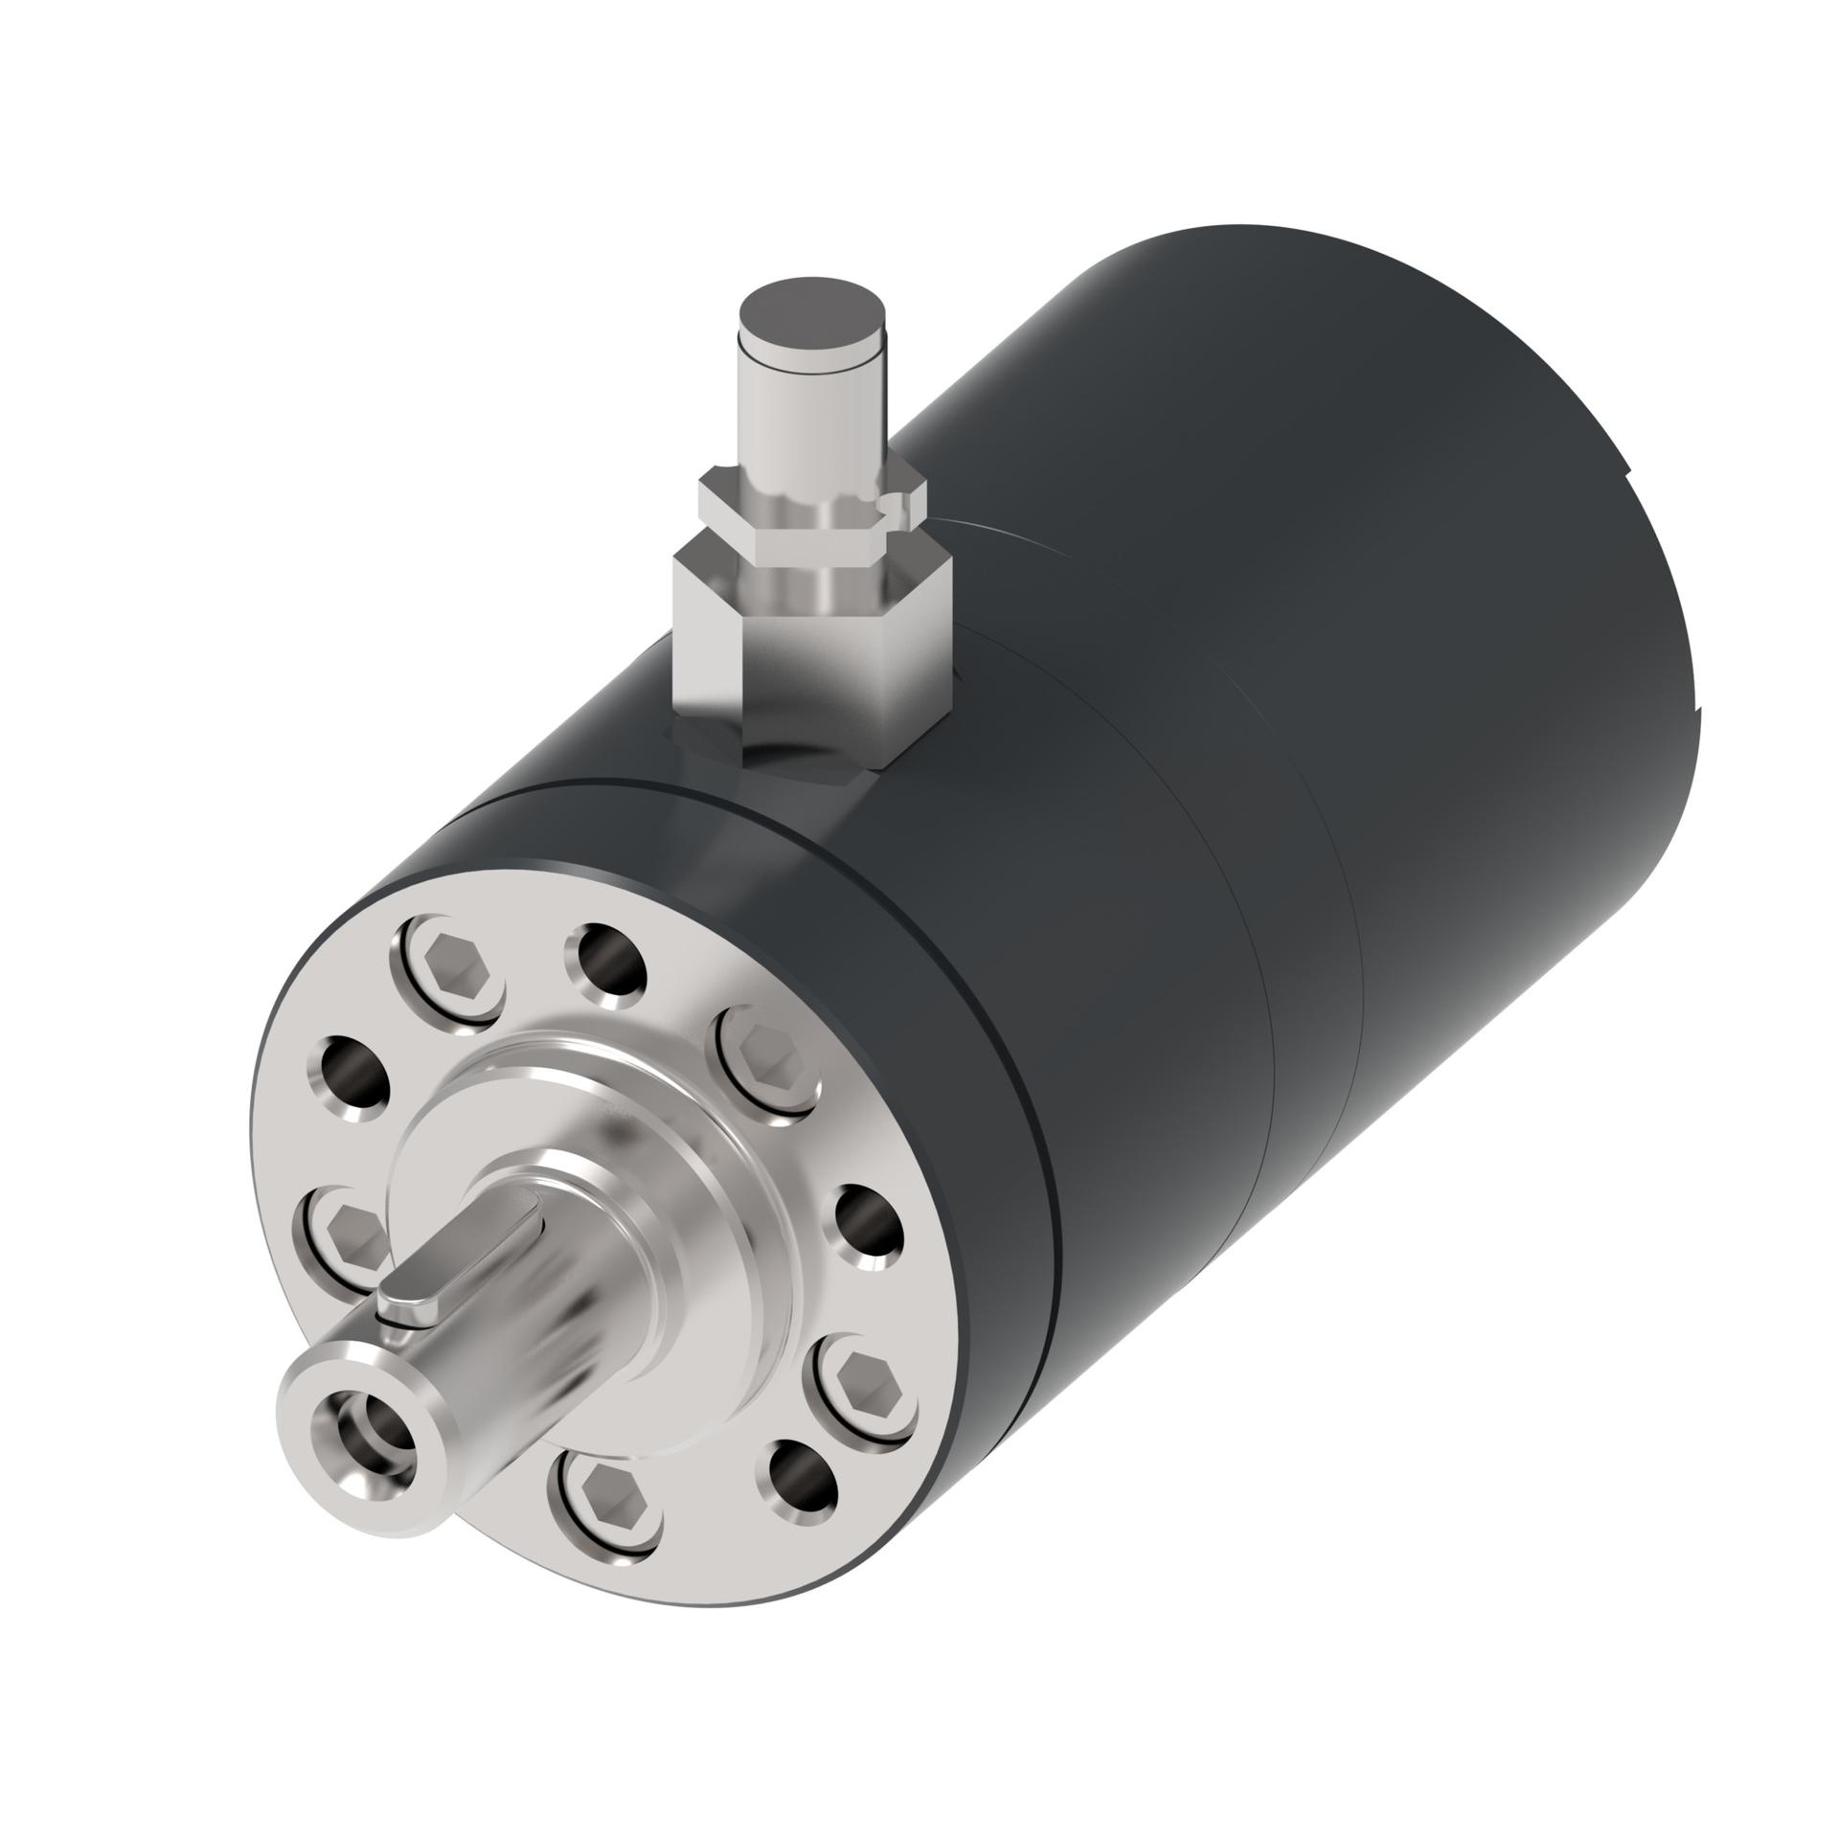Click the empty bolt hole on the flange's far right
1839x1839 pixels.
coord(870,1222)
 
